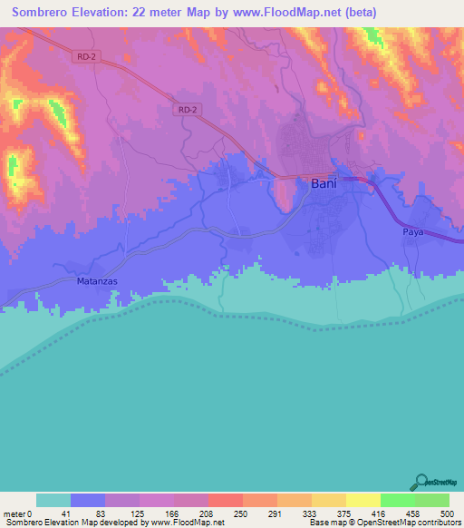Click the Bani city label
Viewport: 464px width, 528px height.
pos(324,183)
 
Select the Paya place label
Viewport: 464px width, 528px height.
pos(413,233)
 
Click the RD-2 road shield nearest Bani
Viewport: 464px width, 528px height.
pos(186,109)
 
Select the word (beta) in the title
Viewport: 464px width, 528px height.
pos(356,13)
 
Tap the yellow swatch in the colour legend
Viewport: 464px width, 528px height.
pos(362,500)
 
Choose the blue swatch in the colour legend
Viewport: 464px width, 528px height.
pos(87,500)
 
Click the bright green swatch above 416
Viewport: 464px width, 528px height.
pos(397,500)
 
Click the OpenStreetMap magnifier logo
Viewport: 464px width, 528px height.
pos(420,483)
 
